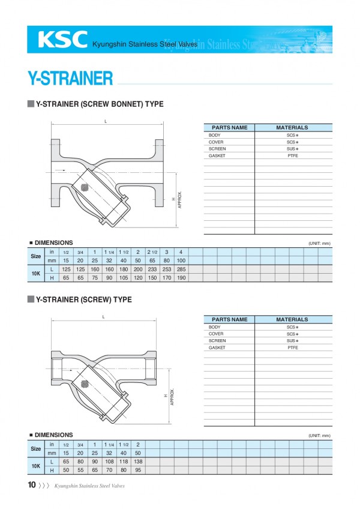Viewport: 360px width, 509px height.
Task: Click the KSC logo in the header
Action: pyautogui.click(x=62, y=39)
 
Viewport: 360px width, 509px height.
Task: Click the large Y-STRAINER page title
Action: pyautogui.click(x=70, y=79)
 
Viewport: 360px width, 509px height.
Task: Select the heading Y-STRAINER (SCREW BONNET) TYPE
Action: pyautogui.click(x=100, y=104)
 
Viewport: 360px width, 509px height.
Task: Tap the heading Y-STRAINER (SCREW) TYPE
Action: pyautogui.click(x=83, y=299)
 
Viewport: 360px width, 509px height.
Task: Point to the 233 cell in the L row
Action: pyautogui.click(x=152, y=270)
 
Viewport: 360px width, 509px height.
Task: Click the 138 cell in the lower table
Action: pyautogui.click(x=138, y=462)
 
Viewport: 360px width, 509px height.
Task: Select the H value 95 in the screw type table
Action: pyautogui.click(x=138, y=470)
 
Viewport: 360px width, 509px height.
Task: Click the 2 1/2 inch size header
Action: pyautogui.click(x=152, y=251)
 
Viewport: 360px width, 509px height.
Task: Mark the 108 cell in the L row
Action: pyautogui.click(x=109, y=462)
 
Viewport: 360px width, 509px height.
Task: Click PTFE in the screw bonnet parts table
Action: pyautogui.click(x=292, y=155)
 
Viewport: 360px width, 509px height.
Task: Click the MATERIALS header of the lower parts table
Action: pyautogui.click(x=292, y=319)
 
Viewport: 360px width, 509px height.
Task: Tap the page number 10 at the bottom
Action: pyautogui.click(x=31, y=485)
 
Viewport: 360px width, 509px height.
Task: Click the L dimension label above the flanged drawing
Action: pyautogui.click(x=106, y=121)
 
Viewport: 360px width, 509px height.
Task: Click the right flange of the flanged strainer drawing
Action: pyautogui.click(x=159, y=173)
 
